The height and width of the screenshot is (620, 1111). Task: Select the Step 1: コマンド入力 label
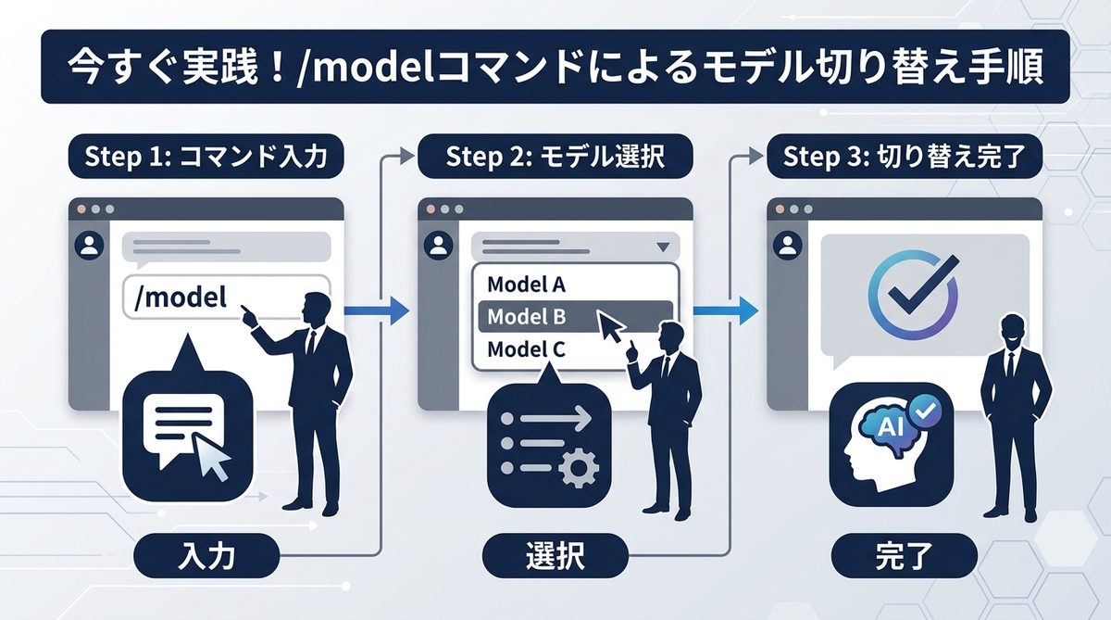206,157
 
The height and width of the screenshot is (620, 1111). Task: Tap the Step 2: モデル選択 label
555,157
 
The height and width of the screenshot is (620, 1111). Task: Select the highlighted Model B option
526,317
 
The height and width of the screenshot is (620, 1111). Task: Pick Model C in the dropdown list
526,350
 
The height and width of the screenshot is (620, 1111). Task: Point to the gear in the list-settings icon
578,471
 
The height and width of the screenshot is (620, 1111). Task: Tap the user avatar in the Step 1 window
90,246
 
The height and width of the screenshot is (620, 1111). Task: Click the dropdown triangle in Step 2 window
661,247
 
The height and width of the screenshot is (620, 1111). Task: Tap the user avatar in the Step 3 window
788,246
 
